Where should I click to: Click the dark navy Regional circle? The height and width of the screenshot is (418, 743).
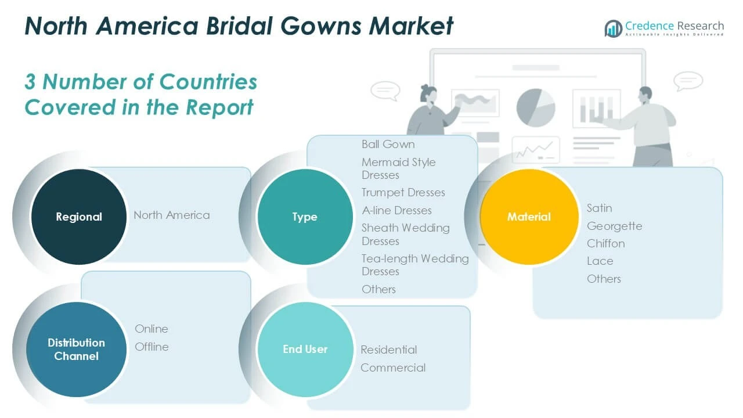point(78,217)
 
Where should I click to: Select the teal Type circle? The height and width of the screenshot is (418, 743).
point(305,217)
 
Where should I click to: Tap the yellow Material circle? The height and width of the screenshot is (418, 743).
point(529,217)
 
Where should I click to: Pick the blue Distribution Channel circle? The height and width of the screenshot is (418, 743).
point(77,349)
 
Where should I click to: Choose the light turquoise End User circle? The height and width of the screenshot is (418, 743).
point(305,349)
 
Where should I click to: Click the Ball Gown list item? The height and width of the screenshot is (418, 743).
point(388,144)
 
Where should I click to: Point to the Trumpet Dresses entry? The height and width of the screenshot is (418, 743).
point(403,192)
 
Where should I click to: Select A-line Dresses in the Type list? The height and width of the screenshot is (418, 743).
point(396,210)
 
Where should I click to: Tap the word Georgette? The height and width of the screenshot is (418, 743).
point(614,226)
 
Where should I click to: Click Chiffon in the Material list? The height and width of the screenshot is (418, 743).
point(605,243)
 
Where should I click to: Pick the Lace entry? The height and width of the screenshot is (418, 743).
point(600,261)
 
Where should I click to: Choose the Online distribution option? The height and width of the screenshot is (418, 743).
point(152,329)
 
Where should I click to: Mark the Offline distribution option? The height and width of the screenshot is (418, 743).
point(152,347)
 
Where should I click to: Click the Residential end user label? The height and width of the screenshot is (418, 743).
point(388,349)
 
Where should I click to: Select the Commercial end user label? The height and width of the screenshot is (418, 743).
point(393,367)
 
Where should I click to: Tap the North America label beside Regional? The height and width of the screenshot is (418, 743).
point(171,215)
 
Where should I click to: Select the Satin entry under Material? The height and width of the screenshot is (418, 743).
point(599,208)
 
